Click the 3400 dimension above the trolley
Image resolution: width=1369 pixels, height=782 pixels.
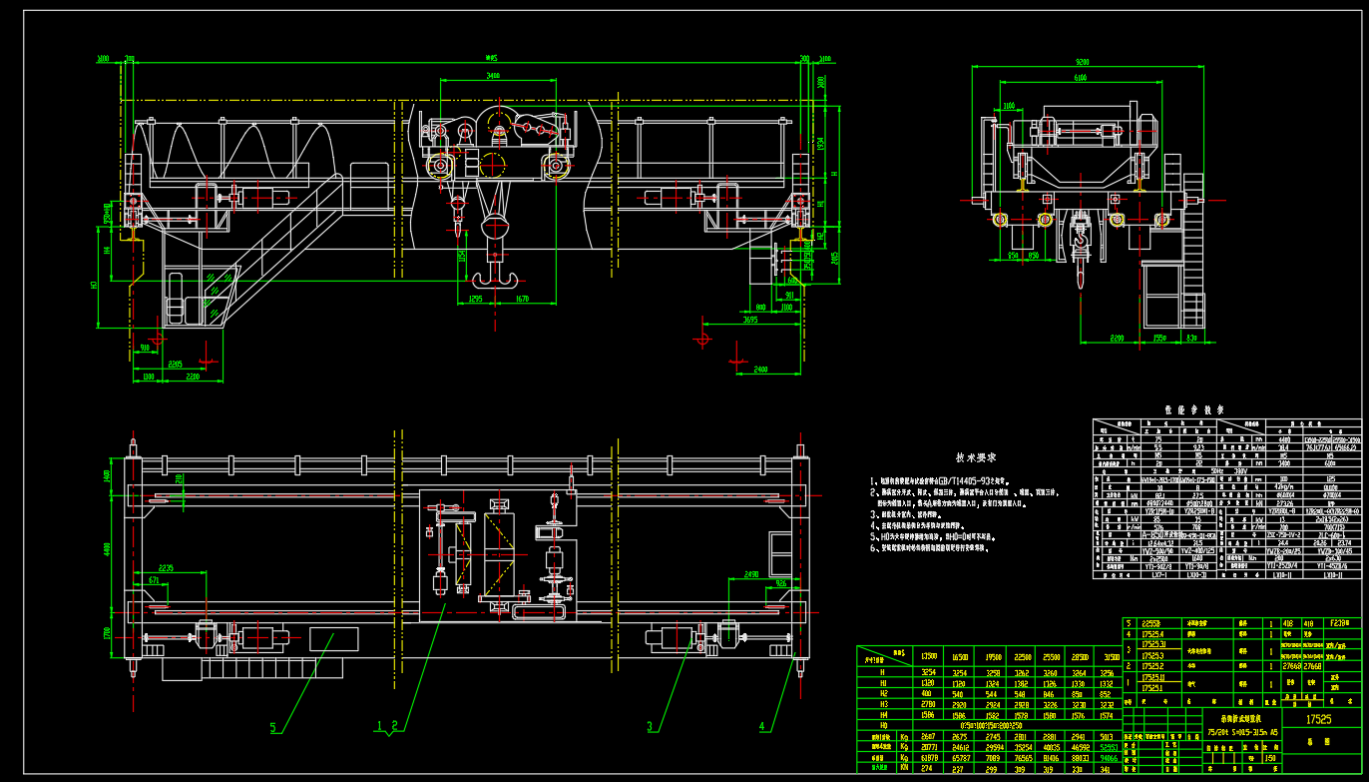487,76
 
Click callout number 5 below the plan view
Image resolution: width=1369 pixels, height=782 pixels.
273,726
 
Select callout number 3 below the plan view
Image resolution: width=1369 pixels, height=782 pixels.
651,726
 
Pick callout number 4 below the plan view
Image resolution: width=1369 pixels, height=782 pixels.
763,726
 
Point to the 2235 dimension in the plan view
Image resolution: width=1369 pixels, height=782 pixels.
166,568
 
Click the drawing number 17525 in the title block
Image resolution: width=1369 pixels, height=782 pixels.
1319,718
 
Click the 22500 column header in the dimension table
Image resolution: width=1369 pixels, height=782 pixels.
1020,656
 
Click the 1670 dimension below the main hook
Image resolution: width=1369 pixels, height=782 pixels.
521,299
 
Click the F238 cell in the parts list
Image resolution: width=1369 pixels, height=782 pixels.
1341,623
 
